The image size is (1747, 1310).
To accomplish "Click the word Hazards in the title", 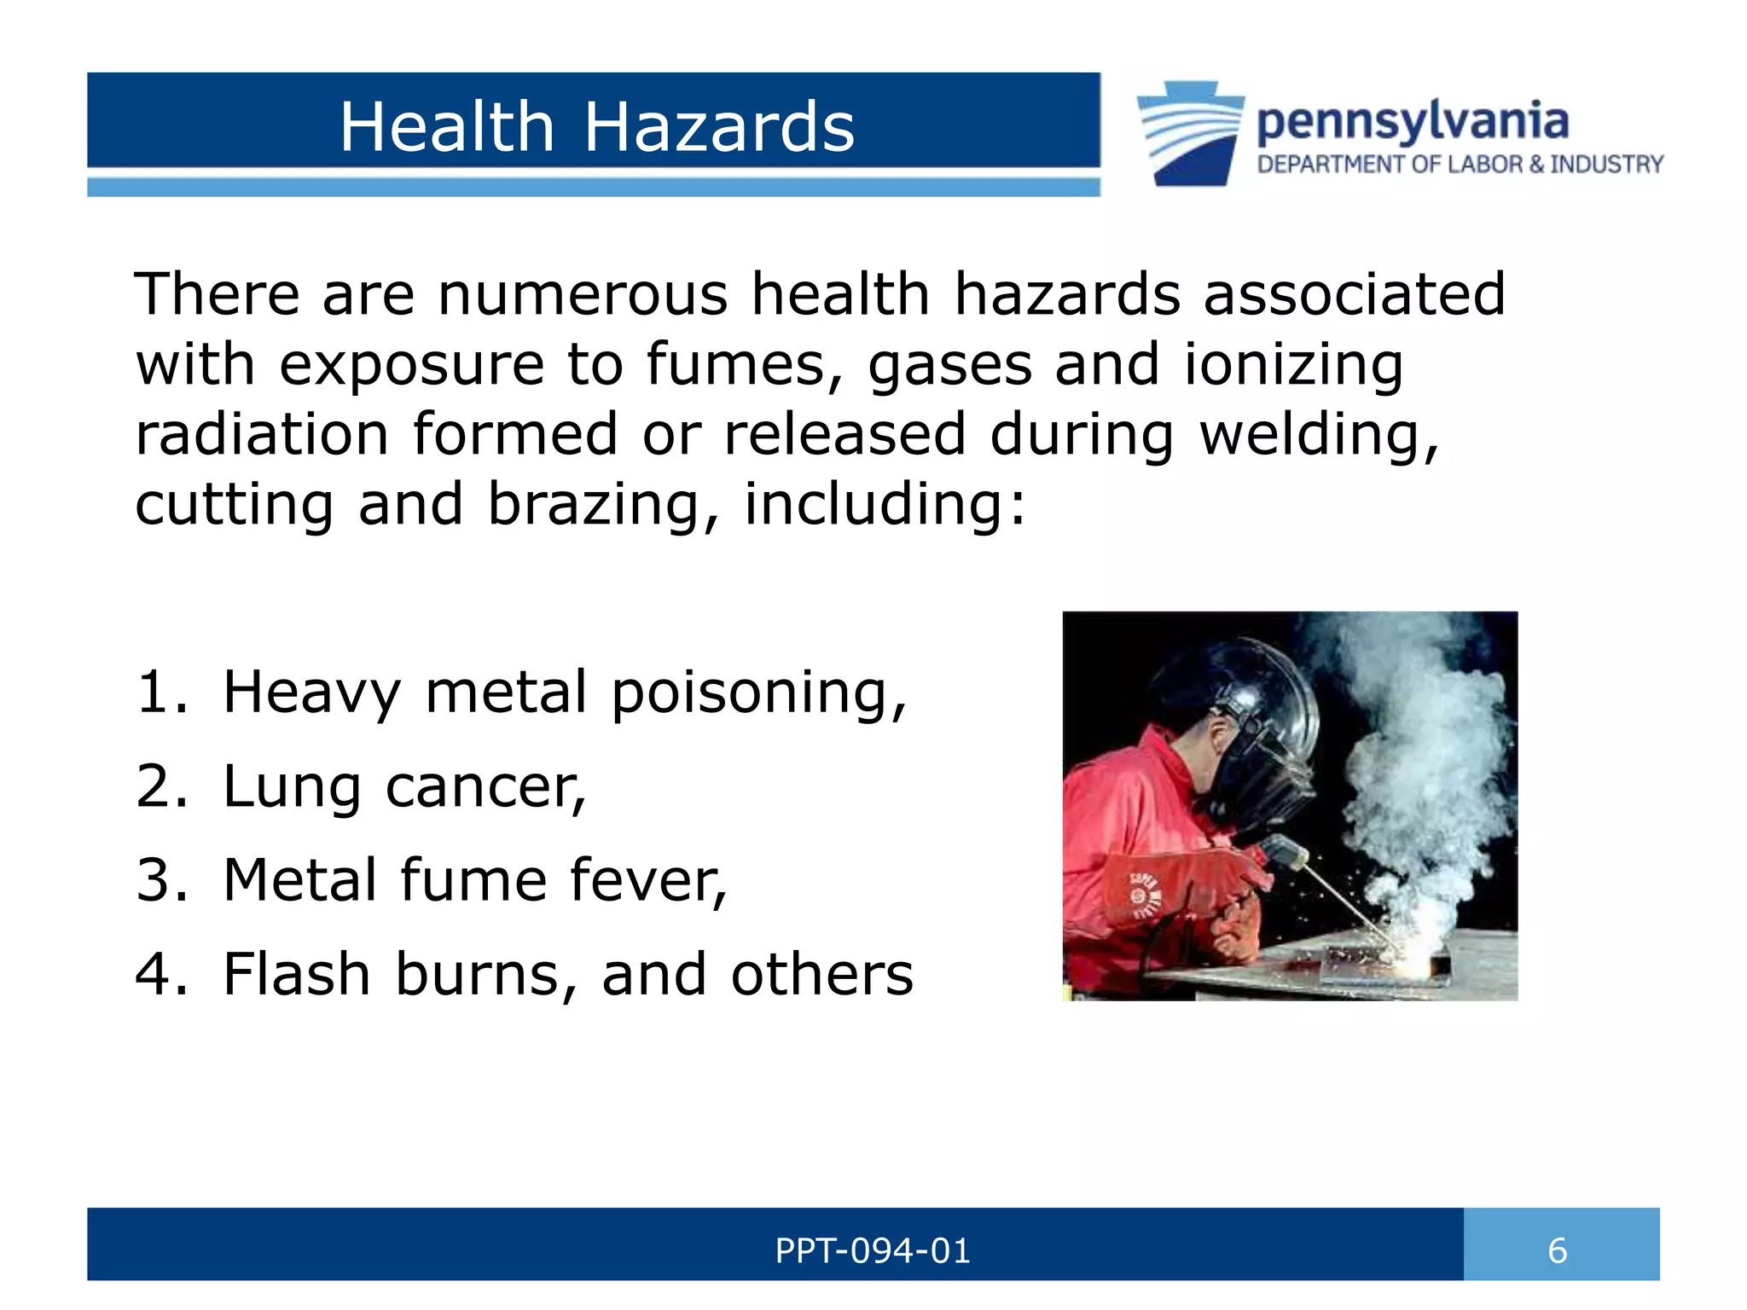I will pos(718,127).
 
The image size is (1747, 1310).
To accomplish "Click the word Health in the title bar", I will pos(447,127).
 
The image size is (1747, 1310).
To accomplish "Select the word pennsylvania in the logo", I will pos(1412,122).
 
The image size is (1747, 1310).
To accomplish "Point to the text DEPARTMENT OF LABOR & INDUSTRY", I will pos(1460,165).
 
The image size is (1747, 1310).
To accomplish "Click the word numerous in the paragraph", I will pos(582,294).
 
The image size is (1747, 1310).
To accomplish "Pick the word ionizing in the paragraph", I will pos(1292,365).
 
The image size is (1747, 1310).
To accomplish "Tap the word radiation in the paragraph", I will pos(262,434).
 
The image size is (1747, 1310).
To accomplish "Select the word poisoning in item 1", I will pos(757,692).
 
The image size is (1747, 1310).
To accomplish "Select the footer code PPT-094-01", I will pos(872,1251).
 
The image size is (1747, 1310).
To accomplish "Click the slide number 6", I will pos(1557,1251).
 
